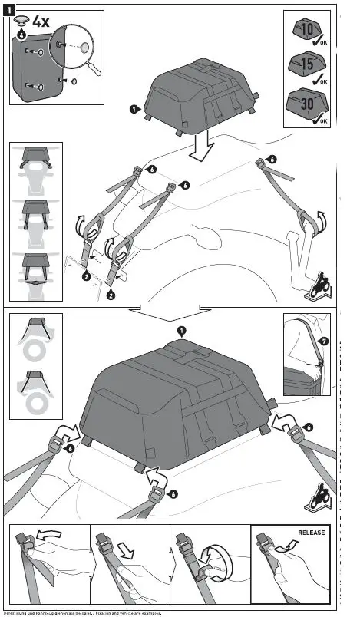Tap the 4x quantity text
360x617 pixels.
coord(40,21)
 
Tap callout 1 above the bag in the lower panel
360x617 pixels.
coord(181,331)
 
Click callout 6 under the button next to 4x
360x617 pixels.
coord(21,34)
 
